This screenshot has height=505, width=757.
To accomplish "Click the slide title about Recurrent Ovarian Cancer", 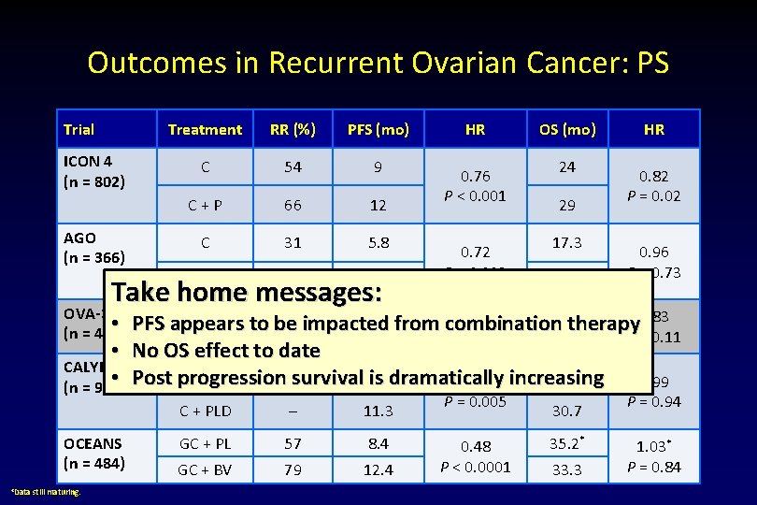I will [x=378, y=63].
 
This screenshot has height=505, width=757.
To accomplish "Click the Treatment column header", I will [x=205, y=130].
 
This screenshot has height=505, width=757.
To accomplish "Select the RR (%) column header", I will [x=293, y=130].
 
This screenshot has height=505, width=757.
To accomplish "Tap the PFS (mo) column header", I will [x=378, y=130].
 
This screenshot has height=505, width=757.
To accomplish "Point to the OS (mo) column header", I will [x=566, y=130].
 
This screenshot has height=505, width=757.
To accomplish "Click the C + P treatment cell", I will [x=205, y=206].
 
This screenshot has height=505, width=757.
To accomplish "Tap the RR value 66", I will [x=293, y=206].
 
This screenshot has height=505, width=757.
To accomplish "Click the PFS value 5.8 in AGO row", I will [x=378, y=242].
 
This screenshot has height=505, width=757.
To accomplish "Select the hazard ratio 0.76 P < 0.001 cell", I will [x=475, y=186].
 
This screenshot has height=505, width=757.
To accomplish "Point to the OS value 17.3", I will [x=566, y=242].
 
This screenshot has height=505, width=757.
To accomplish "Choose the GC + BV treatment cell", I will [x=205, y=469].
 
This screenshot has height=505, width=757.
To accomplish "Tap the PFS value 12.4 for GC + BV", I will [x=378, y=469].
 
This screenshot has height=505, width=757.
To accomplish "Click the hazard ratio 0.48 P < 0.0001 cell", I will [x=475, y=456].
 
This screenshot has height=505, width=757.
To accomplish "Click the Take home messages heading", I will [x=247, y=293].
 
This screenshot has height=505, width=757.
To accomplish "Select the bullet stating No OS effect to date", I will [x=226, y=351].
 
